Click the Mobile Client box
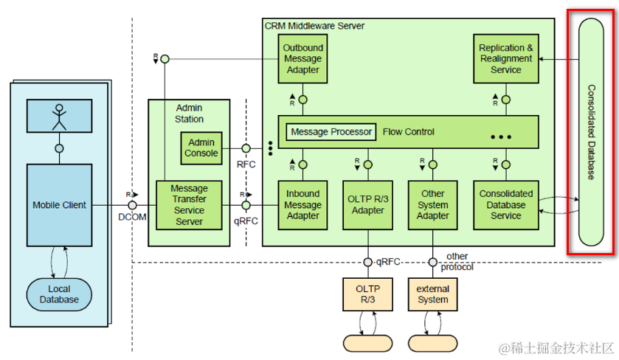pyautogui.click(x=59, y=205)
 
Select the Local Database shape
pyautogui.click(x=59, y=294)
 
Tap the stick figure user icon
pyautogui.click(x=59, y=114)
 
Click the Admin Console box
pyautogui.click(x=201, y=148)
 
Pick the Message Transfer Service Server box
pyautogui.click(x=188, y=205)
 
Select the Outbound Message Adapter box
pyautogui.click(x=302, y=59)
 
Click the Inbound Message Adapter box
pyautogui.click(x=302, y=205)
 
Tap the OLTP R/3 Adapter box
pyautogui.click(x=367, y=205)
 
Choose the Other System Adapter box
pyautogui.click(x=432, y=205)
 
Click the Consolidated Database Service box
pyautogui.click(x=505, y=205)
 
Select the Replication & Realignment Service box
pyautogui.click(x=505, y=59)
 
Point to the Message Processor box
pyautogui.click(x=331, y=132)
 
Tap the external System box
pyautogui.click(x=432, y=294)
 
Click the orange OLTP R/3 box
pyautogui.click(x=367, y=294)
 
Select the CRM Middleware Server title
pyautogui.click(x=314, y=26)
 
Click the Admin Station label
pyautogui.click(x=190, y=114)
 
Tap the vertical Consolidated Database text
pyautogui.click(x=591, y=133)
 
